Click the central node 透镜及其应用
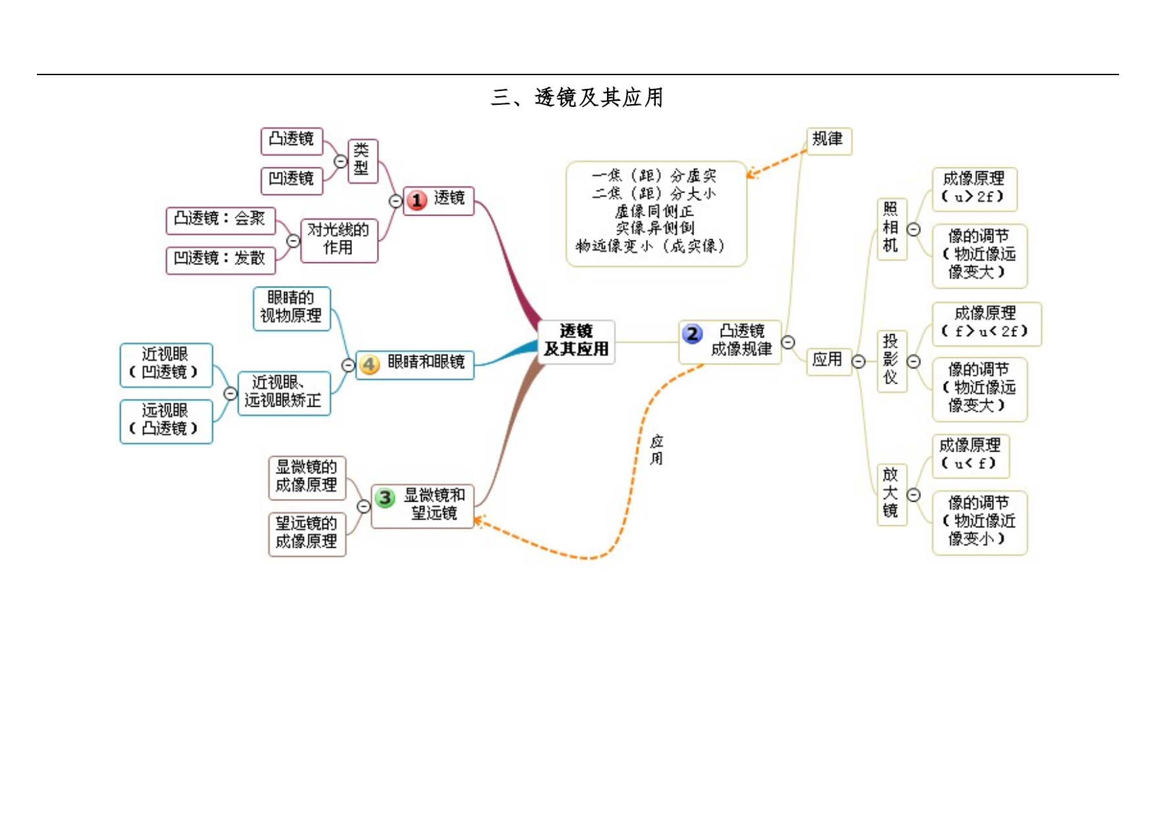click(x=576, y=341)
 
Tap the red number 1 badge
click(x=417, y=200)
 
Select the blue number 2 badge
click(x=692, y=334)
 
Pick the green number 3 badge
click(x=386, y=498)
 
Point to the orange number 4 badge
click(x=370, y=365)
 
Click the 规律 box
click(x=829, y=140)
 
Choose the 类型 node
click(x=362, y=161)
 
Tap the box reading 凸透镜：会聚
click(x=220, y=221)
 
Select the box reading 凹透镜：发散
click(x=220, y=260)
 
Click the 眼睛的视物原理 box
click(x=291, y=308)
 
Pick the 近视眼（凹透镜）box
click(x=166, y=365)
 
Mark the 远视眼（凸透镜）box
click(x=166, y=421)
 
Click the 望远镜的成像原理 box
click(x=307, y=534)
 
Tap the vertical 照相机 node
click(x=892, y=229)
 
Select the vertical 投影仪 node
click(x=892, y=361)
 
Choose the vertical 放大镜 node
click(x=892, y=494)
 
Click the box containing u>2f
click(x=975, y=189)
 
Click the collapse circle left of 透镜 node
click(x=395, y=201)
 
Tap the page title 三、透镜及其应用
click(x=577, y=98)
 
